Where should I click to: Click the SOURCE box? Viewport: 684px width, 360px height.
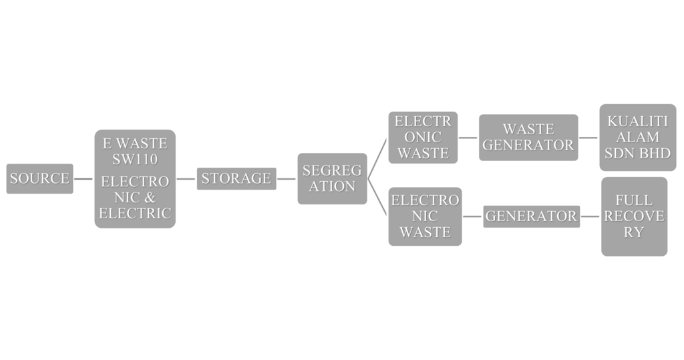click(x=39, y=178)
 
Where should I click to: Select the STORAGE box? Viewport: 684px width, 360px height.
click(x=236, y=178)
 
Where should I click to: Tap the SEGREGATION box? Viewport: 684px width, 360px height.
click(x=332, y=178)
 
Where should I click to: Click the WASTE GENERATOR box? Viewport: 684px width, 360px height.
click(x=528, y=137)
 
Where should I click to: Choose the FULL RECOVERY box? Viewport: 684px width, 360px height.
click(x=633, y=216)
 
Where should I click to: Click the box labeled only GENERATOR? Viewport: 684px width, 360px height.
click(x=531, y=216)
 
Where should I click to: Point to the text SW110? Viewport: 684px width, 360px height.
click(x=135, y=159)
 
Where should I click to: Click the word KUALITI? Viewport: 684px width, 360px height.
click(x=637, y=122)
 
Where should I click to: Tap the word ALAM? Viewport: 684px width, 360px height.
click(x=637, y=138)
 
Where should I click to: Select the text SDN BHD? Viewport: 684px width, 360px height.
click(x=637, y=153)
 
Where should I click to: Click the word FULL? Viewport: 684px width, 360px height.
click(x=633, y=200)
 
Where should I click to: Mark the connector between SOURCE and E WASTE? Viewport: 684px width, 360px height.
click(x=83, y=178)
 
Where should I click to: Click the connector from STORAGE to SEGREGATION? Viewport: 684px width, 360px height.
click(x=287, y=178)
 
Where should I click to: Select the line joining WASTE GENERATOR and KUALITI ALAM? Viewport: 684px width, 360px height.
click(x=588, y=138)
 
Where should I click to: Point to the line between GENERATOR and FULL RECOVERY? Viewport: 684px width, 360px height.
click(x=590, y=216)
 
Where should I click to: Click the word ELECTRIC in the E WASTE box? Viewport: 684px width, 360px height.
click(x=135, y=214)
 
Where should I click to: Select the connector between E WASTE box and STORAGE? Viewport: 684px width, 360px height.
click(x=186, y=178)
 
